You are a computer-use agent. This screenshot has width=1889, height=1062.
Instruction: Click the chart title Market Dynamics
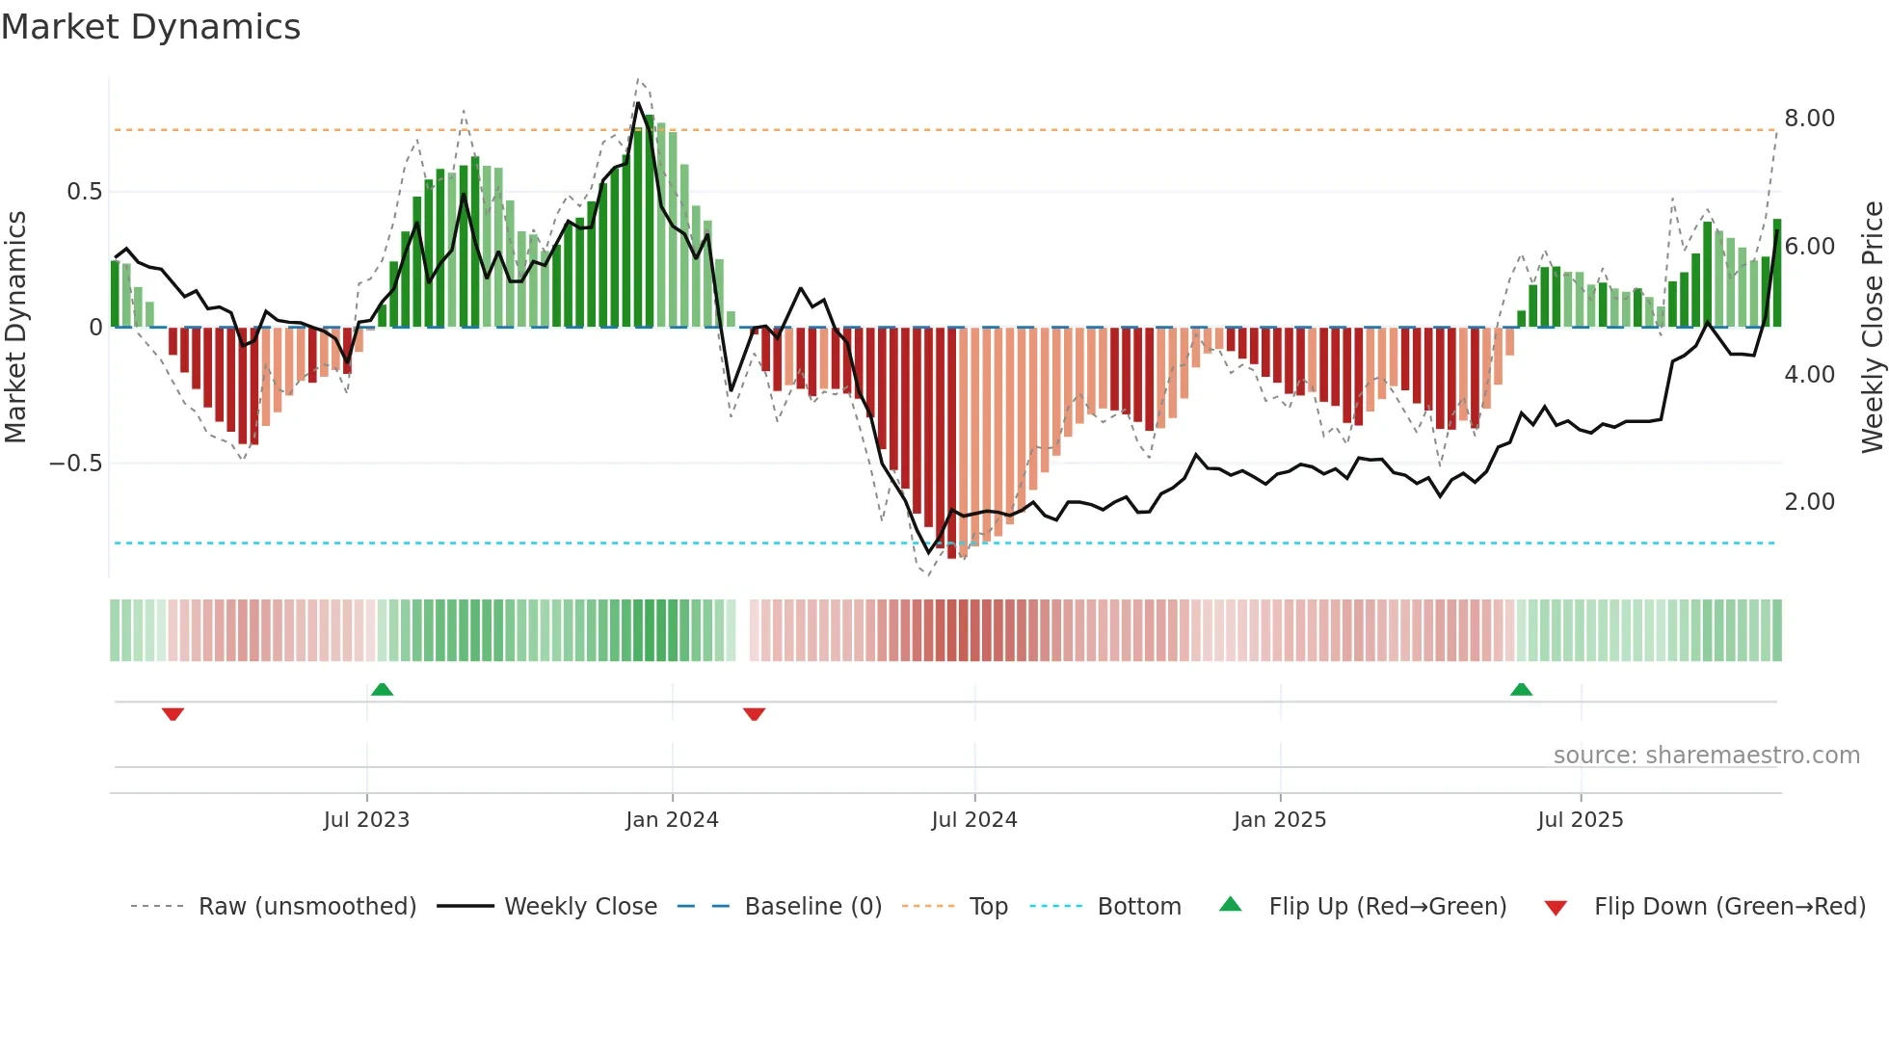click(x=151, y=27)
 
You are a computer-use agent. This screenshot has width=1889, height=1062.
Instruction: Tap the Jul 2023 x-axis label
click(x=366, y=820)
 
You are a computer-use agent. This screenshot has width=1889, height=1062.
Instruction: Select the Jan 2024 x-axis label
click(x=672, y=820)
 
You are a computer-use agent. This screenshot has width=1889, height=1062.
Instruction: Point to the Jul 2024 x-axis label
click(x=974, y=820)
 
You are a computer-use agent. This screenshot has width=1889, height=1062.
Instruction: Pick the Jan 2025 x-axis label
click(x=1280, y=820)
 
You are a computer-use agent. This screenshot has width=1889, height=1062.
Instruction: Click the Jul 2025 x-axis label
click(x=1581, y=820)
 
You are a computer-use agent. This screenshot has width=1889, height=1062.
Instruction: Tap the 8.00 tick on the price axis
click(x=1809, y=119)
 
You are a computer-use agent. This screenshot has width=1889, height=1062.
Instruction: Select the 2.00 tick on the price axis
click(x=1809, y=502)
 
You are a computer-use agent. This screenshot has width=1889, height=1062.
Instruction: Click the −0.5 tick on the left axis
click(x=76, y=464)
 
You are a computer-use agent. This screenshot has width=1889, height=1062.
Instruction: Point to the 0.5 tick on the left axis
click(x=85, y=192)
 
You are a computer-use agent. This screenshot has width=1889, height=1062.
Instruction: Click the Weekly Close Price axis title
click(x=1872, y=327)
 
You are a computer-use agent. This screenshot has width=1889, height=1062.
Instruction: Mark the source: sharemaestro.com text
click(x=1706, y=756)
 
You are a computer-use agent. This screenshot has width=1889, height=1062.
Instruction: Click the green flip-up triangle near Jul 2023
click(x=382, y=689)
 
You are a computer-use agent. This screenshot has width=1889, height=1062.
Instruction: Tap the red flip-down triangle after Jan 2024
click(x=755, y=714)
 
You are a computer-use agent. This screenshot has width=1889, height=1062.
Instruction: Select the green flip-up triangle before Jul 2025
click(x=1521, y=689)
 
